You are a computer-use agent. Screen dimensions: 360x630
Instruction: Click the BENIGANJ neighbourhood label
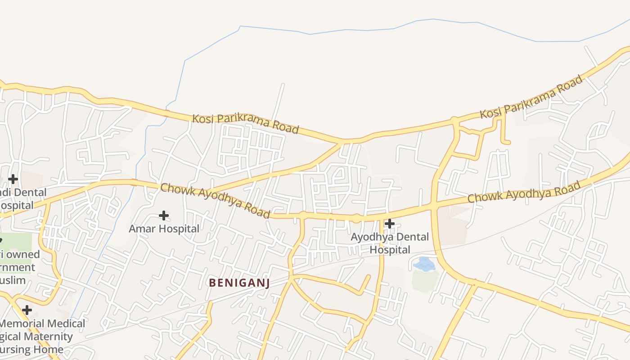pyautogui.click(x=238, y=283)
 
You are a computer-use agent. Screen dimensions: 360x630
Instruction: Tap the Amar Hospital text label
pyautogui.click(x=164, y=229)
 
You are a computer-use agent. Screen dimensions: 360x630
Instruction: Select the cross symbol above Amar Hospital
pyautogui.click(x=164, y=216)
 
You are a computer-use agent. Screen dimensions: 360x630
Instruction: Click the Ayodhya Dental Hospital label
pyautogui.click(x=390, y=243)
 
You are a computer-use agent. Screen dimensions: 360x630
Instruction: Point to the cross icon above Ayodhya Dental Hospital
pyautogui.click(x=390, y=223)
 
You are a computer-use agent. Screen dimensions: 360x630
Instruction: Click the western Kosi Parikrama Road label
pyautogui.click(x=245, y=123)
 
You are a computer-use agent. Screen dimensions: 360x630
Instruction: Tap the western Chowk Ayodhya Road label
pyautogui.click(x=216, y=201)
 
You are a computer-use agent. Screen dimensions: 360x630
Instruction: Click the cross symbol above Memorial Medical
pyautogui.click(x=27, y=310)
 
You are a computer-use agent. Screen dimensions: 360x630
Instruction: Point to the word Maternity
pyautogui.click(x=49, y=337)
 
